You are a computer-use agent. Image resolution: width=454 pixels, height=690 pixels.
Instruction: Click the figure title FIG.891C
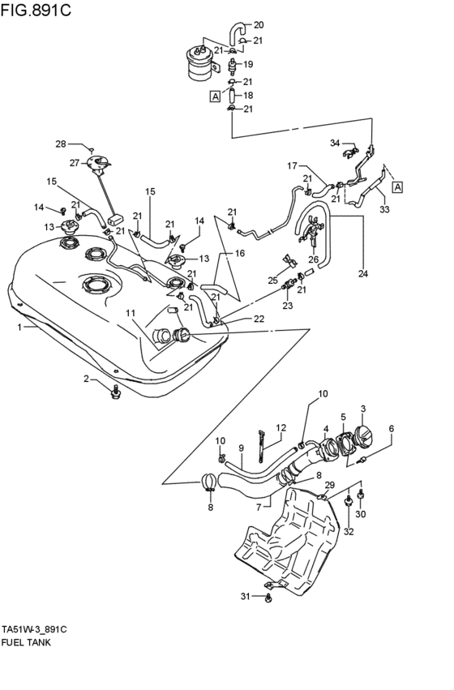coord(36,10)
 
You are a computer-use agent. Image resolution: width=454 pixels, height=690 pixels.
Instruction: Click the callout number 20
coord(259,25)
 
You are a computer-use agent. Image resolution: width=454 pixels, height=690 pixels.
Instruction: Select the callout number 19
coord(248,64)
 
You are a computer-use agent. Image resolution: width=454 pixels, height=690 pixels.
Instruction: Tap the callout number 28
coord(61,144)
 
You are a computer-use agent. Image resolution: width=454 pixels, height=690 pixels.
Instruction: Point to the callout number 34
coord(335,143)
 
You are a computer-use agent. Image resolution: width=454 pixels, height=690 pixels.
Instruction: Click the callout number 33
coord(384,209)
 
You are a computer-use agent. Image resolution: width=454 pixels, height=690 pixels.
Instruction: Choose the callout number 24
coord(362,274)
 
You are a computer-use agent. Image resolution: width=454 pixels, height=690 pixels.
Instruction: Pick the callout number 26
coord(313,259)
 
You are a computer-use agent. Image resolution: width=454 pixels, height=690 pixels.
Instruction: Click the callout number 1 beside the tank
coord(19,327)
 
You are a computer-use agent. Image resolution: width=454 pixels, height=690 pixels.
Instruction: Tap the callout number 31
coord(246,596)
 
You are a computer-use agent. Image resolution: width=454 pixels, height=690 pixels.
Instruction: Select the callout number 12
coord(281,427)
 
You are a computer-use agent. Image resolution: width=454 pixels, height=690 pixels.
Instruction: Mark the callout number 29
coord(329,485)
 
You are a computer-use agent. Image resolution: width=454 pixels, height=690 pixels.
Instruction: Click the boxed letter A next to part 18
coord(215,96)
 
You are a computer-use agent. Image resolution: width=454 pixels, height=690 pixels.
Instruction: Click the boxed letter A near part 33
coord(398,187)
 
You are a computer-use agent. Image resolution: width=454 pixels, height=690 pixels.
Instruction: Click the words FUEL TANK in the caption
coord(26,642)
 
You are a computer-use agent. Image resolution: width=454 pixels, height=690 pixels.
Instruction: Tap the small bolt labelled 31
coord(268,598)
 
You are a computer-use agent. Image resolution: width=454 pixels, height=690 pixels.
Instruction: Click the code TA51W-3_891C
coord(34,629)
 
